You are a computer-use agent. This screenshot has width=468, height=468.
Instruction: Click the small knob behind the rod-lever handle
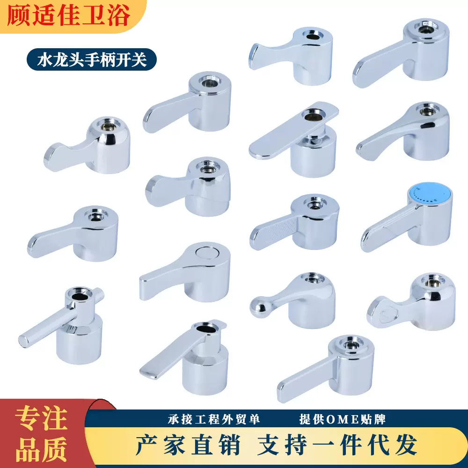pyautogui.click(x=100, y=295)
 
